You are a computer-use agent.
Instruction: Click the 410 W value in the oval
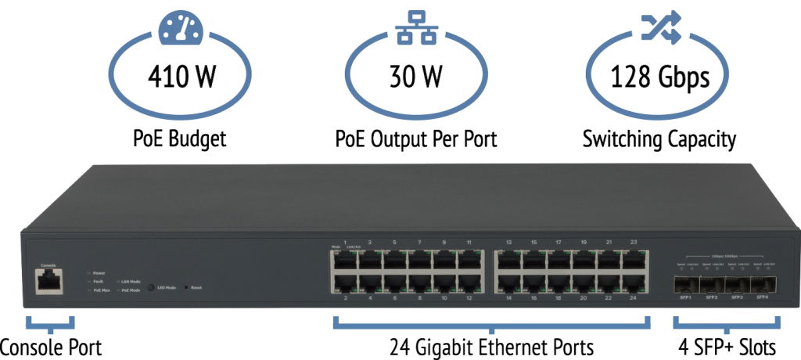point(182,77)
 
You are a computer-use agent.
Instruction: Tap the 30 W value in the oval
point(415,77)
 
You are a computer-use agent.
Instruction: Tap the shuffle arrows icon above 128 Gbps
point(656,27)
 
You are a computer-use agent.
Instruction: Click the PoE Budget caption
point(181,140)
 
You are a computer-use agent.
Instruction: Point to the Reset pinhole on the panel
point(185,288)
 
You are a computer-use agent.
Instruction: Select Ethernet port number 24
point(634,283)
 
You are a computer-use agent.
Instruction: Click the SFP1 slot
point(686,283)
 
